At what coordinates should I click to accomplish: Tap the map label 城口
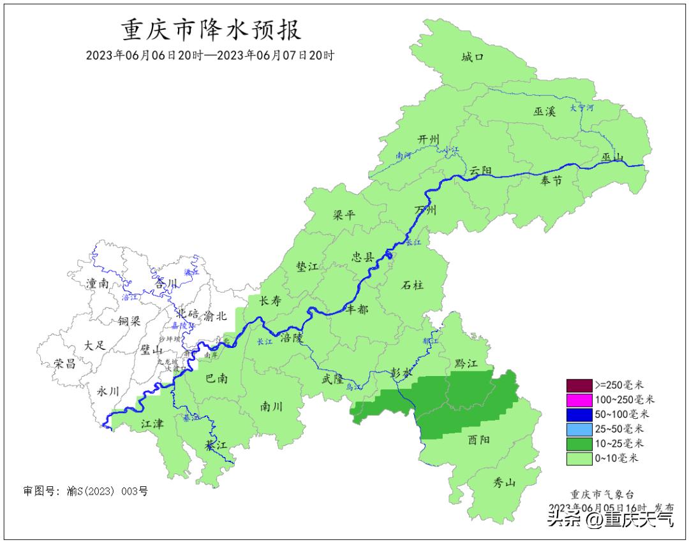(473, 57)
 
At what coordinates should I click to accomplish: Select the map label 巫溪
(545, 112)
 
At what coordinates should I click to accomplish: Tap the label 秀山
(505, 482)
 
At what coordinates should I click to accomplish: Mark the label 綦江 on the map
(216, 444)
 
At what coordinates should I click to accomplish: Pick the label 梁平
(344, 215)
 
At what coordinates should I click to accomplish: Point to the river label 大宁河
(581, 108)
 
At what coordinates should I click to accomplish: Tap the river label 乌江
(353, 387)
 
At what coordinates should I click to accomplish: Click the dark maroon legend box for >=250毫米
(579, 385)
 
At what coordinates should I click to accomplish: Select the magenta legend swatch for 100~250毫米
(579, 400)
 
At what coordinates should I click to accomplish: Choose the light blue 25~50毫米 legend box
(579, 428)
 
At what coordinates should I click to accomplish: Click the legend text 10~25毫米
(619, 443)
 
